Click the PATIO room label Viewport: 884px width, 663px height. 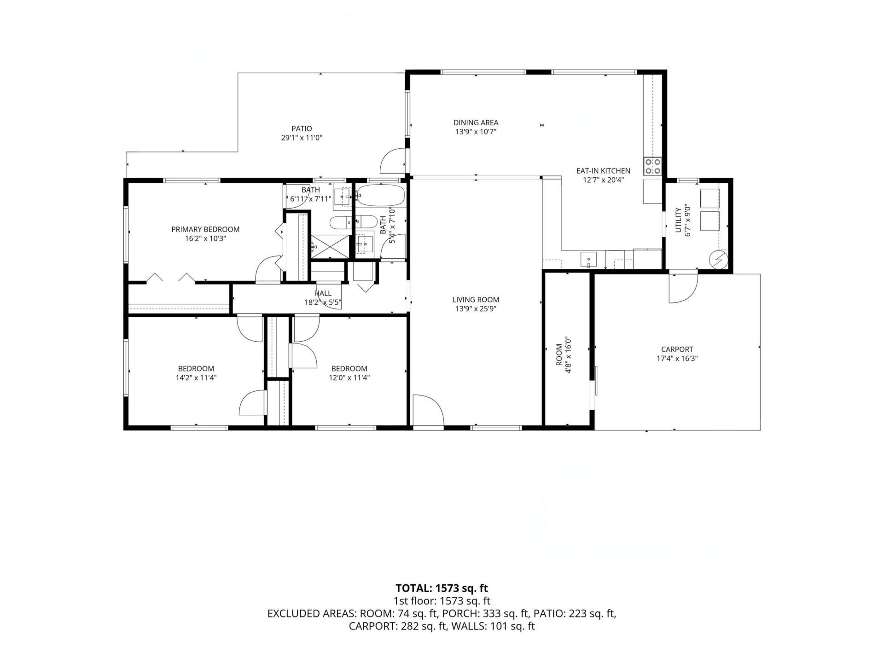point(302,129)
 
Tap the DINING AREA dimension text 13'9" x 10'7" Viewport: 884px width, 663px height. point(476,132)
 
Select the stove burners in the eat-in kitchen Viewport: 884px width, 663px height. point(652,166)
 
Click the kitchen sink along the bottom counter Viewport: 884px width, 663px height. point(588,260)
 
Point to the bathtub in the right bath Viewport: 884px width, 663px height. point(381,195)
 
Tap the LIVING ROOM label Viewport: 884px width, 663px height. point(476,300)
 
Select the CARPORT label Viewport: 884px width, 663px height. point(677,349)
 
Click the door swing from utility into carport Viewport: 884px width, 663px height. point(683,289)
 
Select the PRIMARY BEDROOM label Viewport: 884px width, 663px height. point(205,229)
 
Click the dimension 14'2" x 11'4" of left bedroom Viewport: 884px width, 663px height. point(196,378)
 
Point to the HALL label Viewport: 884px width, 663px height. point(323,293)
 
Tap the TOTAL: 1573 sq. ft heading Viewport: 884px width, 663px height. point(442,588)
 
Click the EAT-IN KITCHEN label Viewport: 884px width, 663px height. point(603,171)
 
